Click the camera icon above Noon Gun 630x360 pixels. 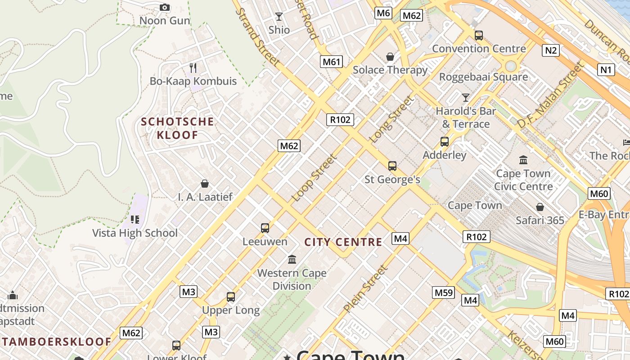[165, 7]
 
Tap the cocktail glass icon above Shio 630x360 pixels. [279, 17]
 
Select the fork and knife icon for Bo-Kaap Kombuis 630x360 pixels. [193, 68]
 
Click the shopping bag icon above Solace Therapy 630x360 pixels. [390, 57]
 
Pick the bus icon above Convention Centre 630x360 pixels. [479, 35]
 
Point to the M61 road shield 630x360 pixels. [331, 62]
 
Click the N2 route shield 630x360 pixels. [551, 50]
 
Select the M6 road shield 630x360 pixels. [383, 13]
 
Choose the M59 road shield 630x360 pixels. [444, 293]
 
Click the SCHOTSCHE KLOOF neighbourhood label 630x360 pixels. [177, 128]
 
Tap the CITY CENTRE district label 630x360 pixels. [343, 242]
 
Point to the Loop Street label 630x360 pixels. [314, 178]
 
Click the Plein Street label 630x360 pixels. [365, 289]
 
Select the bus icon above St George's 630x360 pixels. [392, 166]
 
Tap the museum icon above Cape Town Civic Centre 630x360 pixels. [523, 160]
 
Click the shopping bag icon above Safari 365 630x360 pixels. [540, 207]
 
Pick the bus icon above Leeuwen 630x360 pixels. [265, 228]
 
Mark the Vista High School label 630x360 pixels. [135, 233]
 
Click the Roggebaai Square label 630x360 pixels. [483, 77]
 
